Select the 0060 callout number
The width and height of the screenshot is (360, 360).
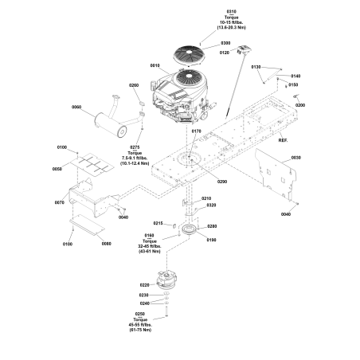[77, 107]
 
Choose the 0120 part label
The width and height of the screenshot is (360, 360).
[224, 52]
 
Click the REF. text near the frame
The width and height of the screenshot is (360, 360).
[282, 140]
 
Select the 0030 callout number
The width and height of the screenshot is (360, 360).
[295, 158]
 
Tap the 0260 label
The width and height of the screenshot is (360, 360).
[134, 85]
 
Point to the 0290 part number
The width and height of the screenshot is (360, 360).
[221, 182]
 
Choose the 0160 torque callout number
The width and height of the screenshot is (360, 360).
[149, 236]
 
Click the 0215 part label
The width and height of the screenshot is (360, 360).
[158, 224]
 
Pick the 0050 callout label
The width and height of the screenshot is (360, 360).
[57, 170]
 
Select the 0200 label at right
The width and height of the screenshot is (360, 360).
[300, 104]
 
